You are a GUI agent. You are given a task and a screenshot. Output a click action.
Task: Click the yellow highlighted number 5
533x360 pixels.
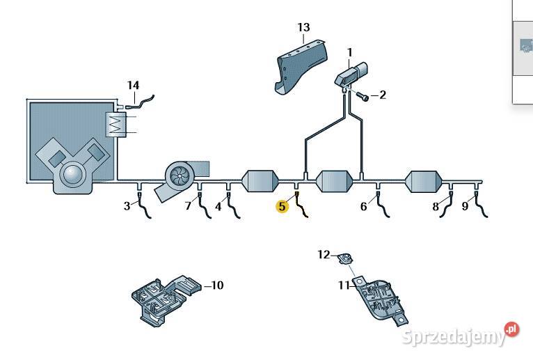[282, 206]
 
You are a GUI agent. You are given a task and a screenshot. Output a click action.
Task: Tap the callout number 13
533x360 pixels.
[303, 27]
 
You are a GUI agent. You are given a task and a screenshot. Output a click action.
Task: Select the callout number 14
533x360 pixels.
[134, 85]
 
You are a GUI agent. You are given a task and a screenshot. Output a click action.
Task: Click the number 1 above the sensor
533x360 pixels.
[349, 53]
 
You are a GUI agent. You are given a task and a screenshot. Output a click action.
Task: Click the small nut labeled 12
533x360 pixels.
[346, 259]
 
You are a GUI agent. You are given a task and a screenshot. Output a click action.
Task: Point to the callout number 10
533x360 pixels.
[217, 285]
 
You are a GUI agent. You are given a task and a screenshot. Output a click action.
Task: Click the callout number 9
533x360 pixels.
[465, 206]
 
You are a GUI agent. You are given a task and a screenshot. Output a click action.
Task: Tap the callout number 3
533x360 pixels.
[127, 206]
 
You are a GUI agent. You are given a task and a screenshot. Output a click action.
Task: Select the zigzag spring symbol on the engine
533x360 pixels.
[116, 125]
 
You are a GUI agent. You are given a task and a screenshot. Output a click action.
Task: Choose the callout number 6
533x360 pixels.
[364, 206]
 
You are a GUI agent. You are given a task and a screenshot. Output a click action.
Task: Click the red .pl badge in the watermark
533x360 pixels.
[512, 329]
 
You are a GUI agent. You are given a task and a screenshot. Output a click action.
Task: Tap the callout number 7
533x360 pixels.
[189, 206]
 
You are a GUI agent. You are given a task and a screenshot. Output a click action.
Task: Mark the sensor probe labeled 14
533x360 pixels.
[140, 102]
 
